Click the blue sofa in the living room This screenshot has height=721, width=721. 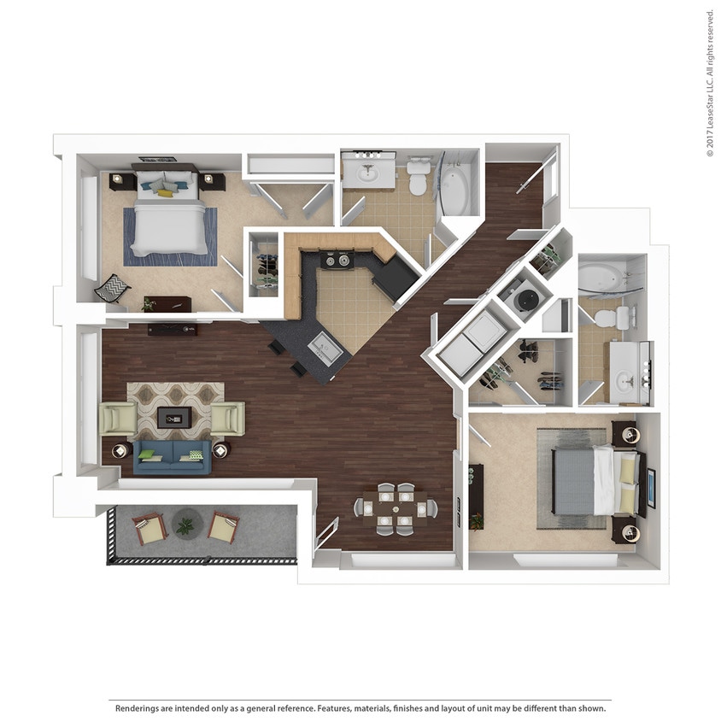[x=172, y=456]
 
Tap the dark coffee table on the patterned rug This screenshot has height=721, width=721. [x=175, y=417]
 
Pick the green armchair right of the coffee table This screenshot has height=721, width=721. [x=228, y=419]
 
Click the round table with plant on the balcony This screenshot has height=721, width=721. [x=185, y=522]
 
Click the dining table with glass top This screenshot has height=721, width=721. [x=396, y=507]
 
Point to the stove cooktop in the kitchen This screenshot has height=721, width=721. [x=338, y=258]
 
